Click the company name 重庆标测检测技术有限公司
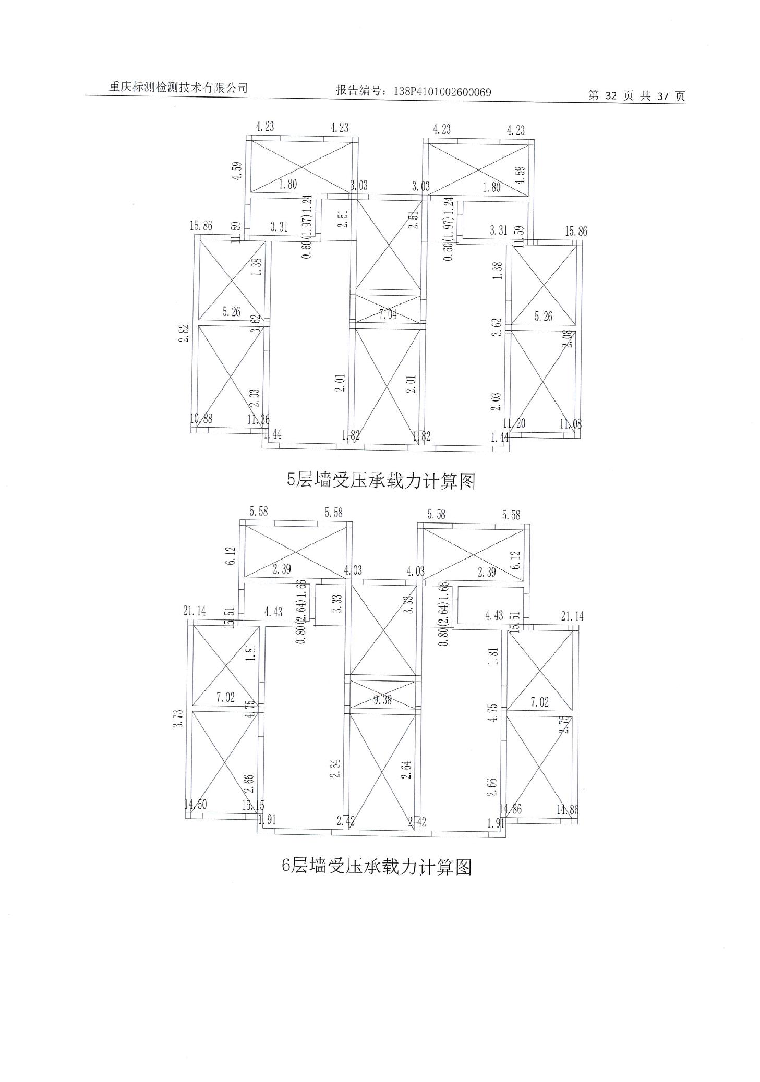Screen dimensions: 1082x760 pos(178,88)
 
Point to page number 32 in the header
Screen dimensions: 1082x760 pos(611,96)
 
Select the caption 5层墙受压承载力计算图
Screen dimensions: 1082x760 pos(381,480)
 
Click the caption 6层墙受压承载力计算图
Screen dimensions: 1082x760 pos(377,866)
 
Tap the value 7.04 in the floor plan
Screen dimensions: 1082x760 pos(388,314)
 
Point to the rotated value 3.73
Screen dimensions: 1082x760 pos(178,718)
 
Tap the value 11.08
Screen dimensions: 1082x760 pos(570,424)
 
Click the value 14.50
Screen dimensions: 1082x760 pos(196,804)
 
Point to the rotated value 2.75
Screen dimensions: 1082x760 pos(563,725)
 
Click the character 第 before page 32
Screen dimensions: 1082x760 pos(594,96)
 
